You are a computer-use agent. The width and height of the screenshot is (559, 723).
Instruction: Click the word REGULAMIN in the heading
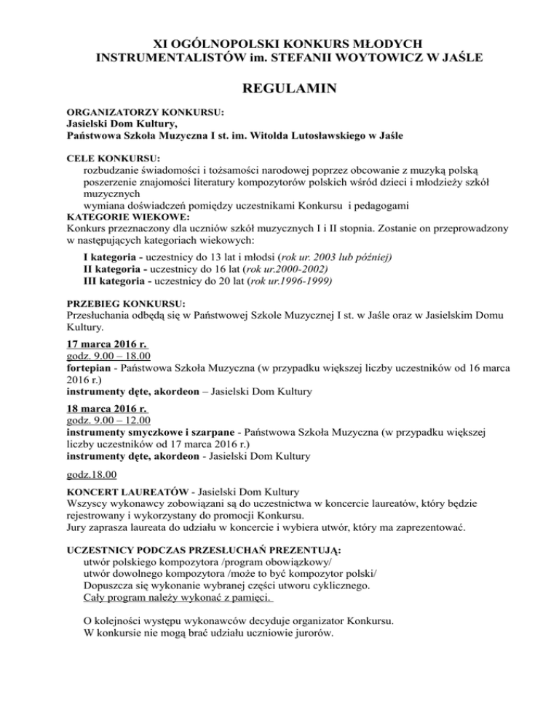pos(279,89)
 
